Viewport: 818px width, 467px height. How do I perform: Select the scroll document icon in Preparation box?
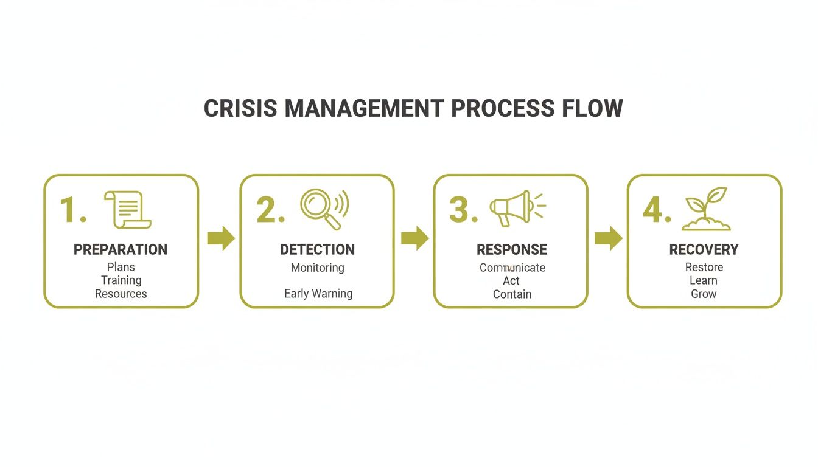(128, 210)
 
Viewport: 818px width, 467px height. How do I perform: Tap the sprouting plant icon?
(707, 209)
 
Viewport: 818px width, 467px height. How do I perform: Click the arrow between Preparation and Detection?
(220, 238)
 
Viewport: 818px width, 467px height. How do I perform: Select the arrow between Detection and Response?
(414, 238)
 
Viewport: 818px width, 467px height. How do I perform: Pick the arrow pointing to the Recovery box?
(608, 238)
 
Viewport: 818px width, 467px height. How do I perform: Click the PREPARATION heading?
(121, 250)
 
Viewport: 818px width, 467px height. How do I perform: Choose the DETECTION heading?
(317, 250)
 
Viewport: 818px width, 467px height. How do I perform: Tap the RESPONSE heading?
(511, 250)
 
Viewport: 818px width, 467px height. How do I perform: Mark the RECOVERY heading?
(704, 250)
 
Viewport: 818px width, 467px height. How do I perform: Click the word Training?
(121, 280)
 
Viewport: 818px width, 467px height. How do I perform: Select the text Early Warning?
(318, 294)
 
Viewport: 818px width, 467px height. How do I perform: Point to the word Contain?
(512, 294)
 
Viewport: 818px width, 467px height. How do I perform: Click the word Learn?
(704, 280)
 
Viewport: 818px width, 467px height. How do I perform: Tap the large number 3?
(459, 210)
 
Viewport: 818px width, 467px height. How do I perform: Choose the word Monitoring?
(317, 268)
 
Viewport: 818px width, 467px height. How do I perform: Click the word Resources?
(121, 294)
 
